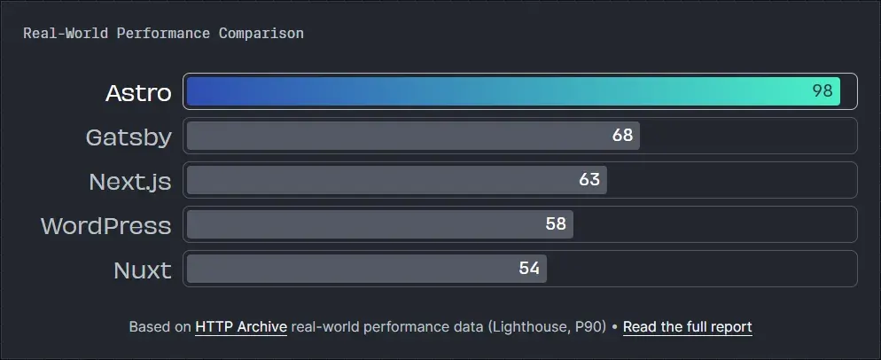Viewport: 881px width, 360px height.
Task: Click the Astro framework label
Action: (x=138, y=92)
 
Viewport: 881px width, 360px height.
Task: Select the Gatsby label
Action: (x=129, y=137)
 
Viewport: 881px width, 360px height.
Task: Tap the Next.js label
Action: (x=130, y=181)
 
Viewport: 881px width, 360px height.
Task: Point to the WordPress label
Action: (x=105, y=225)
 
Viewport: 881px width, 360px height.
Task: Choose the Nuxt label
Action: (x=143, y=270)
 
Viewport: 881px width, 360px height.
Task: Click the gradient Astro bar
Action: (x=496, y=91)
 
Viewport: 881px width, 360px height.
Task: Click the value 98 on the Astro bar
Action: (x=823, y=91)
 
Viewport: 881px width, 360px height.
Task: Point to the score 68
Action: (x=622, y=136)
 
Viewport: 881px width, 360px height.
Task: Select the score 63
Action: (x=589, y=180)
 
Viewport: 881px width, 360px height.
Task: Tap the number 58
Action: (x=556, y=224)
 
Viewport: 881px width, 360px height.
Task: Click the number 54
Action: (x=529, y=269)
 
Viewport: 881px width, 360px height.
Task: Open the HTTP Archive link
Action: (x=241, y=327)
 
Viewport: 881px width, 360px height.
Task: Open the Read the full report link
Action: (x=687, y=327)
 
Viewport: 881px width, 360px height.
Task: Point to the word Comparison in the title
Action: (x=261, y=34)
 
